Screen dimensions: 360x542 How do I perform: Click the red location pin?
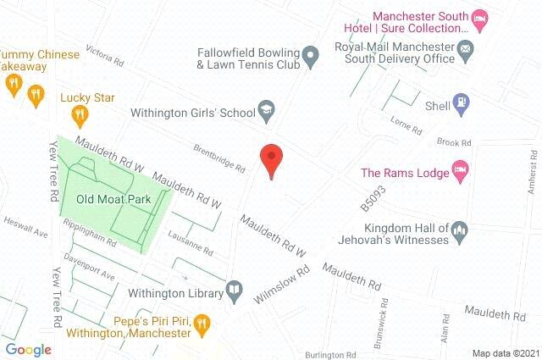(270, 160)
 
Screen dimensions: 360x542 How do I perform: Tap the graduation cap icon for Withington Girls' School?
(267, 111)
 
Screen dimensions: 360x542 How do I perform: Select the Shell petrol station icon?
(461, 104)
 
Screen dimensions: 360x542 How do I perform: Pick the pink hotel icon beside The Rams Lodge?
(460, 172)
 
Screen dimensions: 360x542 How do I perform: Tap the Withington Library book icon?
(234, 293)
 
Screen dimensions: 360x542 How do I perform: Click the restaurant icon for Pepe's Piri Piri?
(202, 322)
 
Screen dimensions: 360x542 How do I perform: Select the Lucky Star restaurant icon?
(80, 114)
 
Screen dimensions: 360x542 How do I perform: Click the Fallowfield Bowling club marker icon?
(311, 58)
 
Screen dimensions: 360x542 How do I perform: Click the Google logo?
(28, 350)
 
